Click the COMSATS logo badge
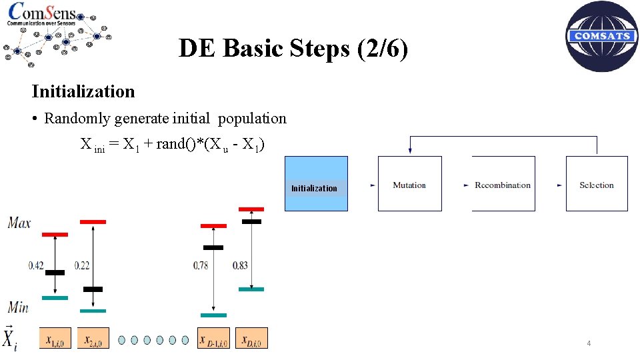pyautogui.click(x=601, y=36)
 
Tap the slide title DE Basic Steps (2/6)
pyautogui.click(x=293, y=48)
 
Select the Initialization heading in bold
pyautogui.click(x=83, y=91)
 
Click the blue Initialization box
pyautogui.click(x=316, y=184)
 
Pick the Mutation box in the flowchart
pyautogui.click(x=409, y=184)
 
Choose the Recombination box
pyautogui.click(x=503, y=184)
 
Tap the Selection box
pyautogui.click(x=596, y=184)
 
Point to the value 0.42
pyautogui.click(x=36, y=265)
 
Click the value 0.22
pyautogui.click(x=82, y=265)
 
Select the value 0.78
pyautogui.click(x=201, y=265)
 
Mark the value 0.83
pyautogui.click(x=240, y=265)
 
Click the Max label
pyautogui.click(x=19, y=223)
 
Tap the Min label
pyautogui.click(x=18, y=307)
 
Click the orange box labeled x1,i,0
pyautogui.click(x=55, y=338)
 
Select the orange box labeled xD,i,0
pyautogui.click(x=251, y=338)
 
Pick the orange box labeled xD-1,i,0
pyautogui.click(x=213, y=338)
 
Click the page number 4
pyautogui.click(x=589, y=343)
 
